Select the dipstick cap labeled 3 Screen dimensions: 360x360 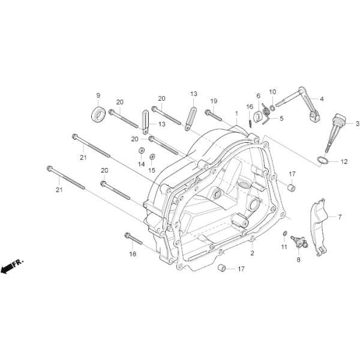(335, 133)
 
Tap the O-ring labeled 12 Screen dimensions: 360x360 (322, 160)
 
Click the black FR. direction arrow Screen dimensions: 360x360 (7, 268)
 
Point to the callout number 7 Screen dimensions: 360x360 (340, 217)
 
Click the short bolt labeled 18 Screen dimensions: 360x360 (133, 239)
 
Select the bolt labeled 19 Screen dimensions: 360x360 (213, 115)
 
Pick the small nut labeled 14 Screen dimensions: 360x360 (141, 151)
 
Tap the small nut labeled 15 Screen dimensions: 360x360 (152, 157)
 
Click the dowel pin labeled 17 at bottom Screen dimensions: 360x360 (222, 268)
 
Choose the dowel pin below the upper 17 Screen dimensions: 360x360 (292, 187)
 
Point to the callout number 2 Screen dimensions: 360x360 (253, 253)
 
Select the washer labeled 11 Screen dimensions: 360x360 (284, 233)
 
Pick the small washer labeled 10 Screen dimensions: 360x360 (272, 107)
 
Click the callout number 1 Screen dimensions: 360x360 (236, 113)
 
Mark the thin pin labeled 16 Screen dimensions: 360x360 (250, 122)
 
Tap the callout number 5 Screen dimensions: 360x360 (281, 118)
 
